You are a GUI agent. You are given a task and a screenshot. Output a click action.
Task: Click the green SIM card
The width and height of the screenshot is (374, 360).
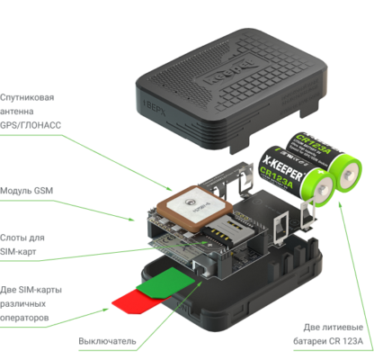tap(165, 282)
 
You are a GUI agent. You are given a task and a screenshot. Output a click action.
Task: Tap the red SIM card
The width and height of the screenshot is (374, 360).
tap(135, 301)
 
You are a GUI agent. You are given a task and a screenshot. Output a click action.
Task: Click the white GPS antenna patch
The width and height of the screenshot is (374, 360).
tap(194, 208)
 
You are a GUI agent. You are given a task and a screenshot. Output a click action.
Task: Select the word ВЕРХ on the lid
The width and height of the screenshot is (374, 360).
tap(156, 108)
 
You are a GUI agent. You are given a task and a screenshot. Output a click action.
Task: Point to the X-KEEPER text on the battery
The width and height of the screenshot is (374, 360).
tap(282, 169)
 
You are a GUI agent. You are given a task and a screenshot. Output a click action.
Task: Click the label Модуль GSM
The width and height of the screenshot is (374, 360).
tap(26, 191)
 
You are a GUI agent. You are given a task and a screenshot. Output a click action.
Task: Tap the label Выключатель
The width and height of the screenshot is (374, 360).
tap(107, 341)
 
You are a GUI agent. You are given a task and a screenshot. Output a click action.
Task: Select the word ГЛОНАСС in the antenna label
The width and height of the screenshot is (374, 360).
tap(43, 125)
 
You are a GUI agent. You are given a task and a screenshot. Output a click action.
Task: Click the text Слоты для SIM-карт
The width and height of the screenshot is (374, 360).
tap(22, 245)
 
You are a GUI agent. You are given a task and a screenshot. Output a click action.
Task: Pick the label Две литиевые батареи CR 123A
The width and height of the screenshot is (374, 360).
tap(328, 334)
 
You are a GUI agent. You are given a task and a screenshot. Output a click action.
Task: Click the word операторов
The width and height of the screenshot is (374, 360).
tap(24, 318)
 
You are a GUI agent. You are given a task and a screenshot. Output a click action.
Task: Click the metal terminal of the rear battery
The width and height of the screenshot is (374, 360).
tap(348, 175)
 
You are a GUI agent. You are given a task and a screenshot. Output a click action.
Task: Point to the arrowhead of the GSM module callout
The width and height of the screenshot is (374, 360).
tap(132, 220)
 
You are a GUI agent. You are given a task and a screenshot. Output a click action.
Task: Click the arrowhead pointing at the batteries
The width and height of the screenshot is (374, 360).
tap(340, 204)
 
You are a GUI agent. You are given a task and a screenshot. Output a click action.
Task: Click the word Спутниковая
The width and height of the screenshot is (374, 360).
tap(27, 98)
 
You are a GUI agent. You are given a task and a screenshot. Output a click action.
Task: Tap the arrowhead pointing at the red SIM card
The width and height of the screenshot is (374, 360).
tap(105, 310)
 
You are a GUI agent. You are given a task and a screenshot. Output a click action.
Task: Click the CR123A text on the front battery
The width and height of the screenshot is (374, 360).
tap(276, 178)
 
